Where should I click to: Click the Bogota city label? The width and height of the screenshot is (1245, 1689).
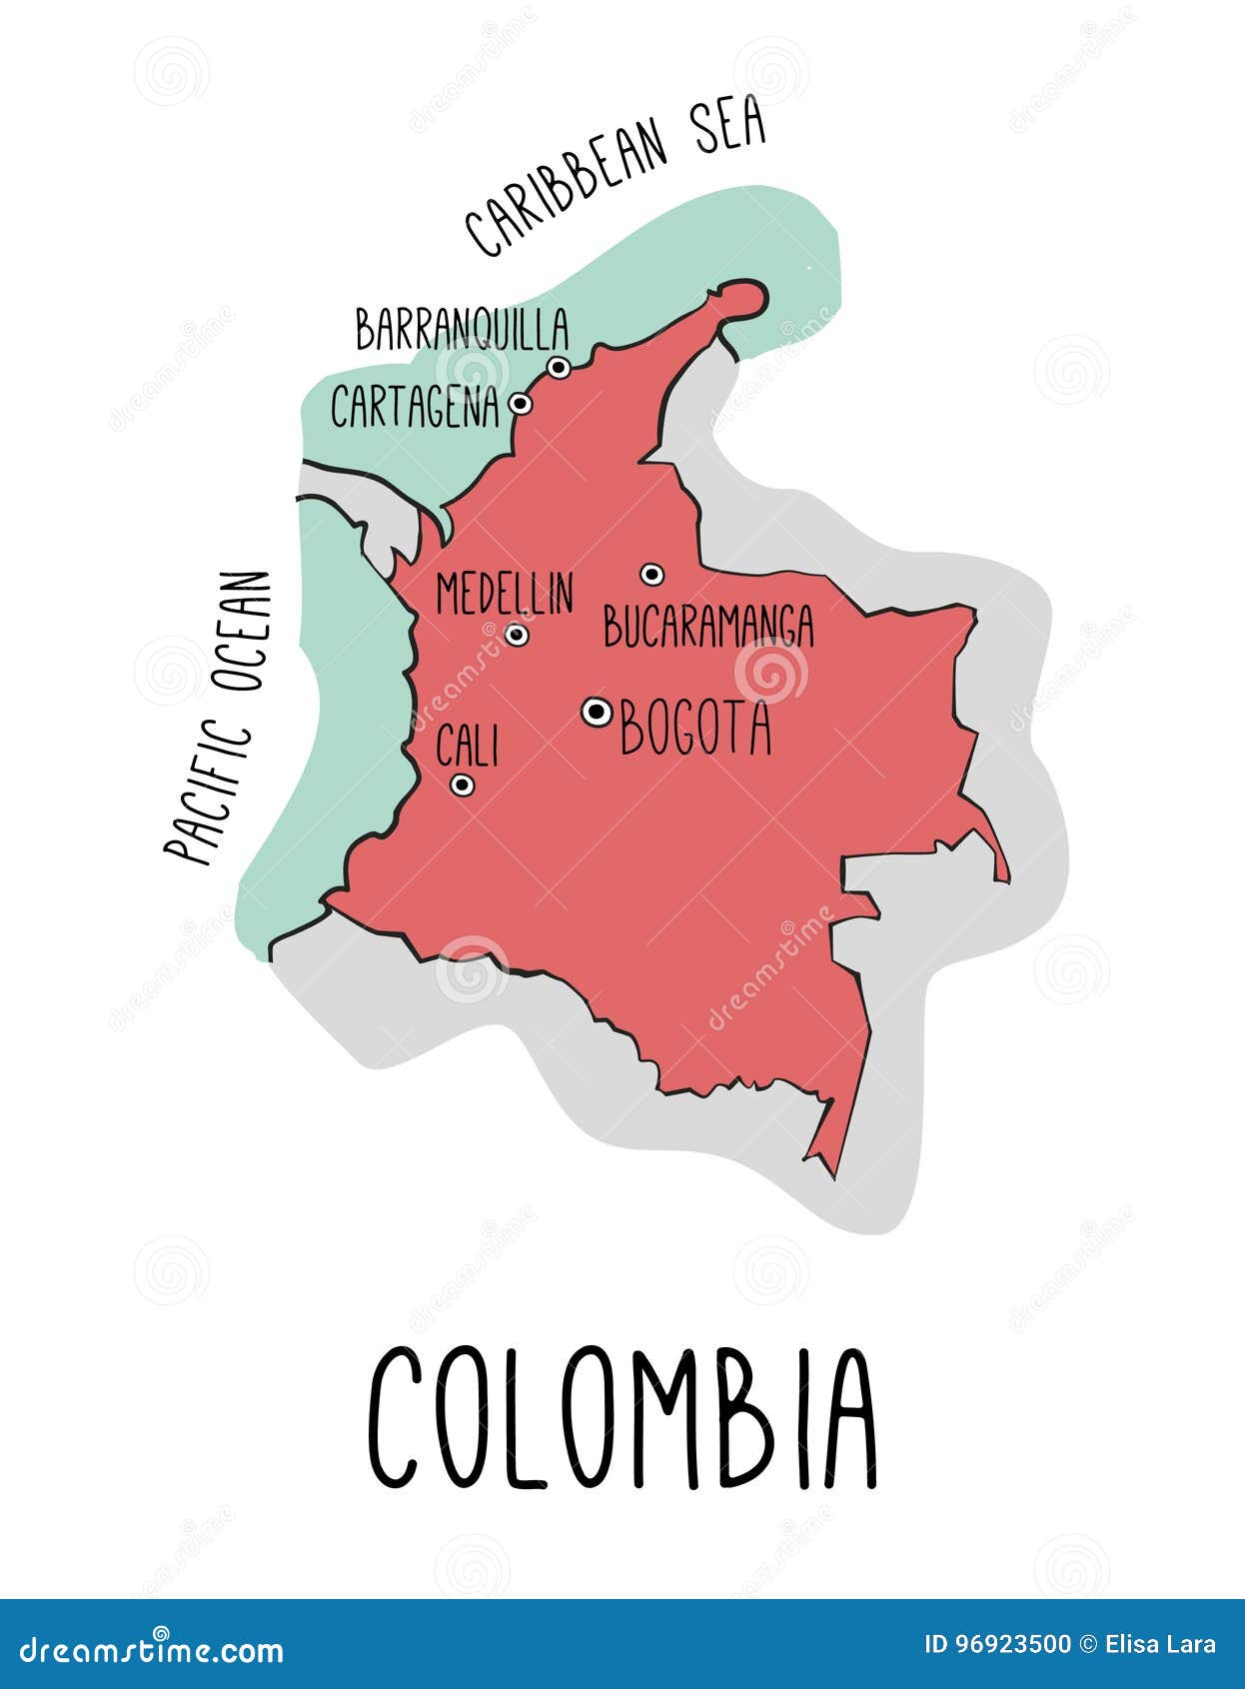pos(696,729)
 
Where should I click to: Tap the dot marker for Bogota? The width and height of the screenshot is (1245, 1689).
pos(598,711)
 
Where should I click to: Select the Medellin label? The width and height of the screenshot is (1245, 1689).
pos(505,593)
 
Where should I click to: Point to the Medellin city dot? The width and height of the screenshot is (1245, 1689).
pos(517,634)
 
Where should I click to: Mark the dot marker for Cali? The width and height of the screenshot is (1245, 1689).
pos(461,785)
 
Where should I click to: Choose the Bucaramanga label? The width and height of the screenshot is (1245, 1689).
pos(708,627)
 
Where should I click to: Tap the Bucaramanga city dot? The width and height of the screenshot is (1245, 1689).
pos(651,574)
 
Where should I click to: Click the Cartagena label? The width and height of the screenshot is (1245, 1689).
pos(415,407)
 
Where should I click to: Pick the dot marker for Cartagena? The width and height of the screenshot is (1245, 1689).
pos(520,404)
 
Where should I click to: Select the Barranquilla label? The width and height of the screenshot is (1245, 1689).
pos(463,329)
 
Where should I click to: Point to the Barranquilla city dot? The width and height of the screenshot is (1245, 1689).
pos(560,368)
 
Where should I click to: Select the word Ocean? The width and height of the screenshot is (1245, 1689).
pos(244,632)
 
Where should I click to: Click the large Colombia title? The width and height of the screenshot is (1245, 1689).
pos(622,1417)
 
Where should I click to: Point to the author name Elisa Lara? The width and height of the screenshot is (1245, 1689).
pos(1162,1644)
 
